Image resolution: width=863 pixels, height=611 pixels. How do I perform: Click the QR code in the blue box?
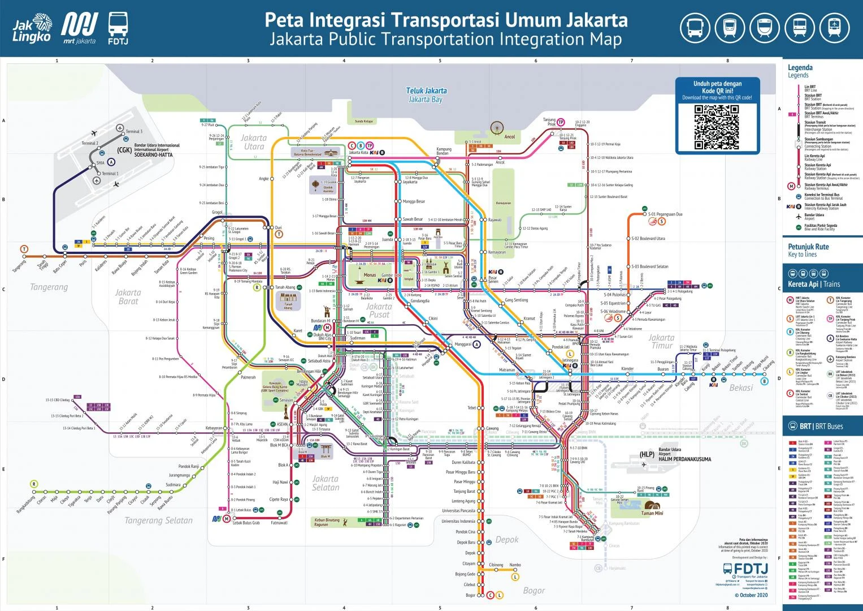[717, 127]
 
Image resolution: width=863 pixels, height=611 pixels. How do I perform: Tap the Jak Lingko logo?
[33, 28]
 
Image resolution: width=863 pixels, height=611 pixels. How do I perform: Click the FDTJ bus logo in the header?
[118, 28]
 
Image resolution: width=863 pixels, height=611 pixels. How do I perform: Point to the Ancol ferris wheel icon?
[497, 127]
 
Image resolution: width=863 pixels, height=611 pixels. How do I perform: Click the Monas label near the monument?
[370, 275]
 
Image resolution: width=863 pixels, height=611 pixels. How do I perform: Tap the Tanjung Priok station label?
[549, 122]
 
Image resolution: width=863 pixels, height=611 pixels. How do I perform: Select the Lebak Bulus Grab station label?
[246, 523]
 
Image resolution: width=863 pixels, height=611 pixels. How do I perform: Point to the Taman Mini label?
[652, 513]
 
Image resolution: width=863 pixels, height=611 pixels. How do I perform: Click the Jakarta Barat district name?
[128, 296]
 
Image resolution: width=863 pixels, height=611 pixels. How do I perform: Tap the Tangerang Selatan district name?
[158, 520]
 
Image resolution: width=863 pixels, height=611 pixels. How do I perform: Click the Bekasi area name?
[741, 388]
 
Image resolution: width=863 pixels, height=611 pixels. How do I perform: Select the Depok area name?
[506, 540]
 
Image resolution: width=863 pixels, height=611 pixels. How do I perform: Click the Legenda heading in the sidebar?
[800, 68]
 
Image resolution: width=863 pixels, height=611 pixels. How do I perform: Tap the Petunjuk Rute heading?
[808, 247]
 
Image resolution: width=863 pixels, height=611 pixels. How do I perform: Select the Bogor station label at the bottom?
[470, 595]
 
